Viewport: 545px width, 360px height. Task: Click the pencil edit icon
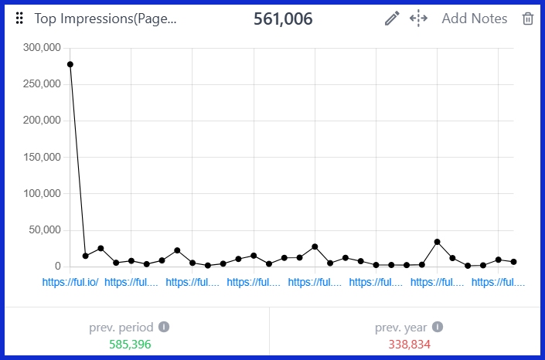pyautogui.click(x=392, y=19)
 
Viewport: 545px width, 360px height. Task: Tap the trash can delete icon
pyautogui.click(x=528, y=19)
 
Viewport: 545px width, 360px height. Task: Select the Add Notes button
pyautogui.click(x=474, y=19)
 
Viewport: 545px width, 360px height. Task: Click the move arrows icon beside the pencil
pyautogui.click(x=418, y=19)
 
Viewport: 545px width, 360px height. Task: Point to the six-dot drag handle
pyautogui.click(x=19, y=19)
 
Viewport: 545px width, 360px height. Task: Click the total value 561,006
pyautogui.click(x=283, y=19)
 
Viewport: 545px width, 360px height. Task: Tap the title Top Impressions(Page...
pyautogui.click(x=105, y=19)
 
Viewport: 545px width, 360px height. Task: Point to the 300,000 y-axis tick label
pyautogui.click(x=42, y=48)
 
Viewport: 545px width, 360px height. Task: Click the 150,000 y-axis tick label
pyautogui.click(x=42, y=158)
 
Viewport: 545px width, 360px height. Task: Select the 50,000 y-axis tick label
pyautogui.click(x=45, y=230)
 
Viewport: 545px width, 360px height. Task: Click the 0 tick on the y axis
pyautogui.click(x=57, y=267)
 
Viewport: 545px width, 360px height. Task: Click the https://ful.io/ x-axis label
pyautogui.click(x=70, y=283)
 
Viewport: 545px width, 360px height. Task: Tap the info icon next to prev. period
pyautogui.click(x=164, y=327)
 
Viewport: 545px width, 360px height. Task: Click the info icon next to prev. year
pyautogui.click(x=438, y=327)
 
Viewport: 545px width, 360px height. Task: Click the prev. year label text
pyautogui.click(x=400, y=327)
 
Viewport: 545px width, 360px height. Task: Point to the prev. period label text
pyautogui.click(x=121, y=327)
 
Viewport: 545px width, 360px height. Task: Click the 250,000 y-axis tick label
pyautogui.click(x=42, y=84)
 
